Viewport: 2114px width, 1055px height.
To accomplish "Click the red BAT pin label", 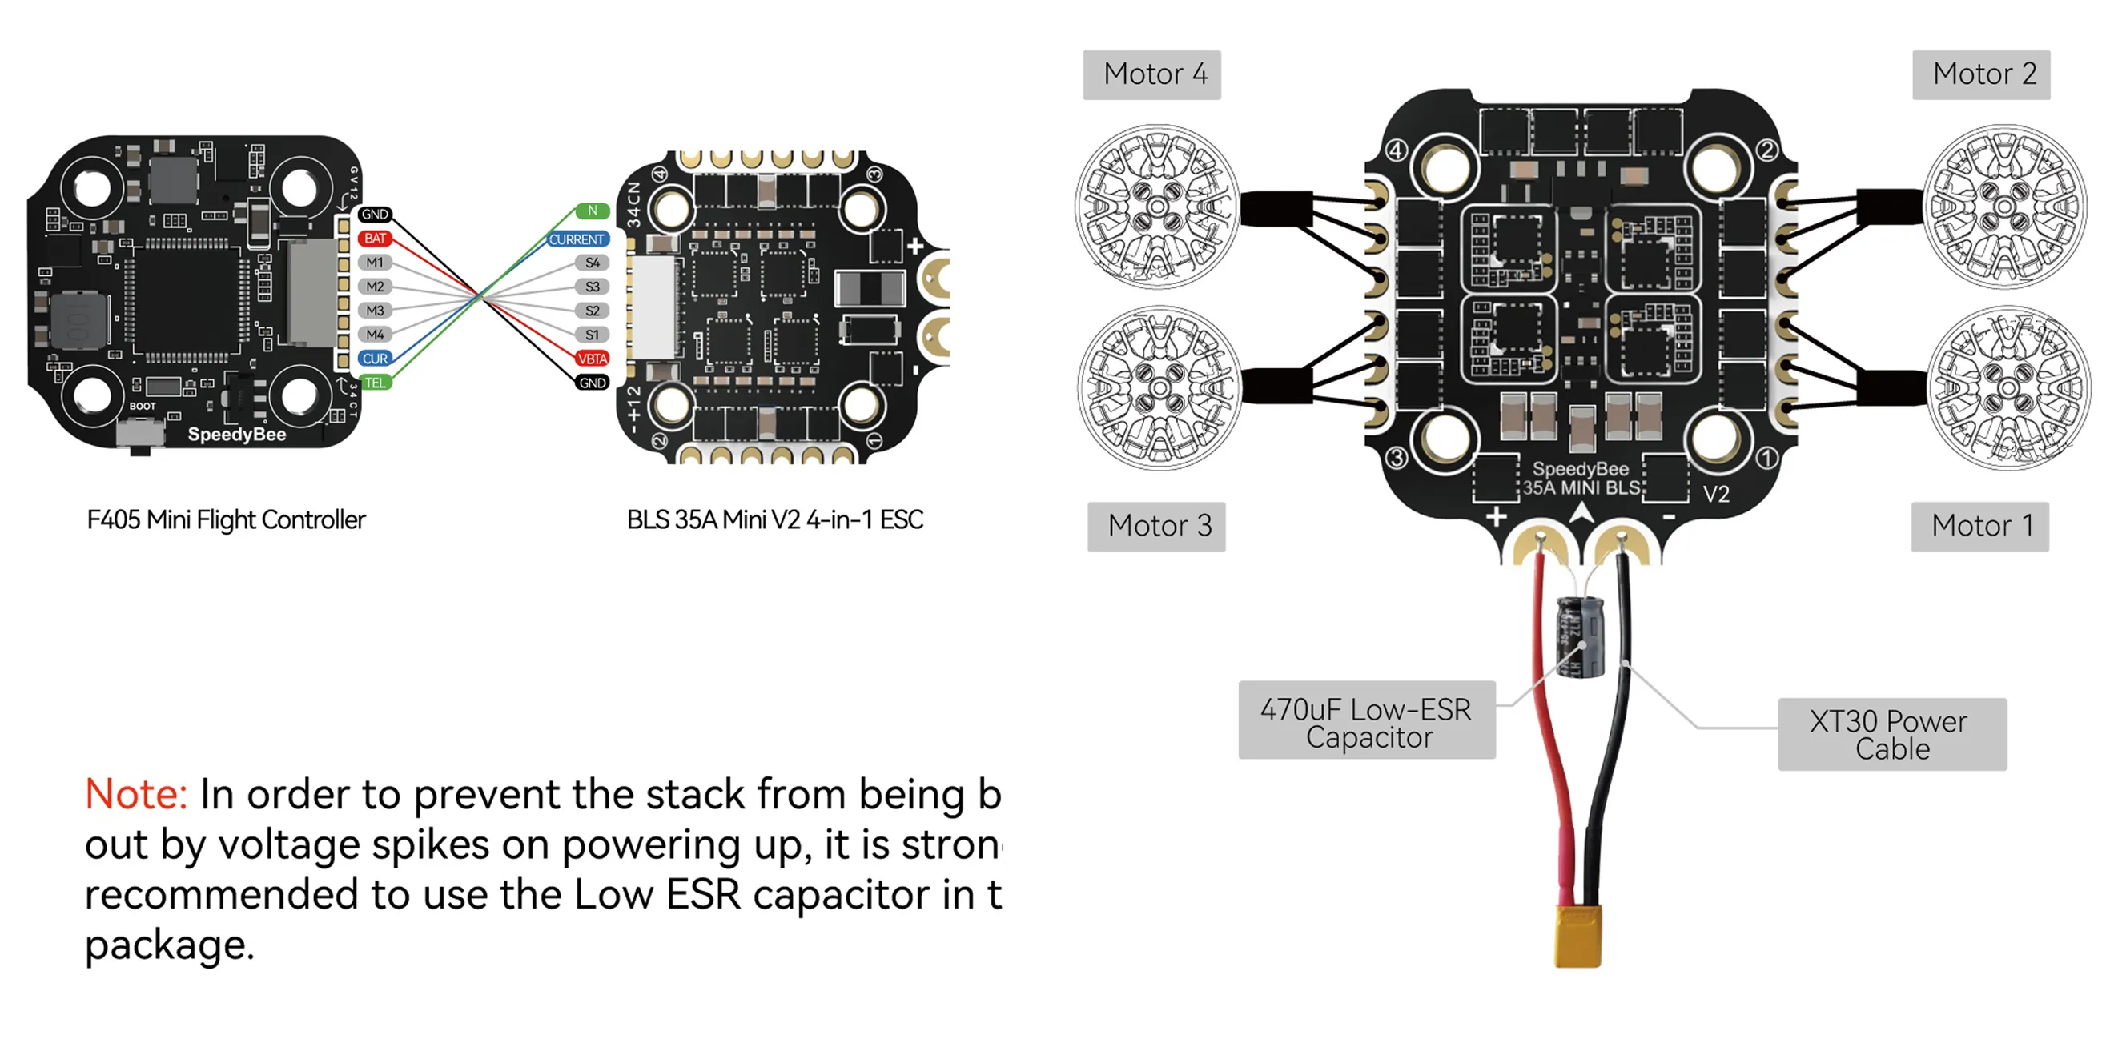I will pyautogui.click(x=375, y=239).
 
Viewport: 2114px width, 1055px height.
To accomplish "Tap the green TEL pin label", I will pyautogui.click(x=375, y=383).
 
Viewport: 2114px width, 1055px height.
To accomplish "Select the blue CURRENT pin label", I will pyautogui.click(x=577, y=239).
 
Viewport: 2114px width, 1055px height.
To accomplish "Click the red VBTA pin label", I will pyautogui.click(x=592, y=359).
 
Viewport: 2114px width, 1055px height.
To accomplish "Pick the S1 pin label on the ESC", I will pyautogui.click(x=592, y=335).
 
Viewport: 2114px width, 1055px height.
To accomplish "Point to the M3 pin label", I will pyautogui.click(x=375, y=311).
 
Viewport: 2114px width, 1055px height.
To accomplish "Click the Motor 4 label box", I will pyautogui.click(x=1152, y=74).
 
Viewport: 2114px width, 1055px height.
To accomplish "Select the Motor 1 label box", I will pyautogui.click(x=1979, y=526).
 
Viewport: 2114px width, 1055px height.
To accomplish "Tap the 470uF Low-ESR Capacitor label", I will pyautogui.click(x=1366, y=721).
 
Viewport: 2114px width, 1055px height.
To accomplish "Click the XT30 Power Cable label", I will pyautogui.click(x=1891, y=734).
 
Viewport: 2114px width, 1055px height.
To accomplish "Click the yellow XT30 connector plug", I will pyautogui.click(x=1577, y=935).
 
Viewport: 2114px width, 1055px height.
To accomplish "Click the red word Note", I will pyautogui.click(x=136, y=794).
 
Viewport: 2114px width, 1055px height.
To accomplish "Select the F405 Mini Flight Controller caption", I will pyautogui.click(x=226, y=520).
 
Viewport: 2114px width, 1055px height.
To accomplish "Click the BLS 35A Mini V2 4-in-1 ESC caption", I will pyautogui.click(x=774, y=520).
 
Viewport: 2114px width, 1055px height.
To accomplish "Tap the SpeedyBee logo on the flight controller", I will pyautogui.click(x=237, y=435).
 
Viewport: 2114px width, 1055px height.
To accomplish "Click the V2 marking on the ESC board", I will pyautogui.click(x=1716, y=494).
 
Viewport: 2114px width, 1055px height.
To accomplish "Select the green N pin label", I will pyautogui.click(x=592, y=211).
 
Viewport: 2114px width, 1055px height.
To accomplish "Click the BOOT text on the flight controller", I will pyautogui.click(x=142, y=406).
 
